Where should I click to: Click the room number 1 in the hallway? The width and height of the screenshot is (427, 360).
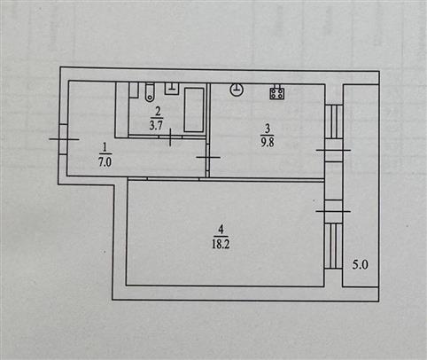[x=104, y=146]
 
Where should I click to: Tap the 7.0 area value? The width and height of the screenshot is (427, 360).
[x=105, y=162]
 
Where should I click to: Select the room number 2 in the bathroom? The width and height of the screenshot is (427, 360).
[x=158, y=112]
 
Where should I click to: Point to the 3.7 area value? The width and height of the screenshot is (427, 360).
[x=156, y=125]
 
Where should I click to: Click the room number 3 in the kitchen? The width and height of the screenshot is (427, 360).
[x=268, y=129]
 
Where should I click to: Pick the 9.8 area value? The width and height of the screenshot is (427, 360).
[x=268, y=142]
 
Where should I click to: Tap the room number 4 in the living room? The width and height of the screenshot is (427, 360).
[x=221, y=229]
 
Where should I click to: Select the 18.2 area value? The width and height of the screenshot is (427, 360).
[x=221, y=244]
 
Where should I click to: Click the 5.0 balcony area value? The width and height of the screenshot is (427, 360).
[x=360, y=264]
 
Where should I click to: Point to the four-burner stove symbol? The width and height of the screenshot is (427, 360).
[x=277, y=92]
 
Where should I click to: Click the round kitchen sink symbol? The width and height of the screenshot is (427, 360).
[x=237, y=90]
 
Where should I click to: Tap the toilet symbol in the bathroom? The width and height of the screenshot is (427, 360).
[x=150, y=92]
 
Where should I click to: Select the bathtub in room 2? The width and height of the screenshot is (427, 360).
[x=194, y=110]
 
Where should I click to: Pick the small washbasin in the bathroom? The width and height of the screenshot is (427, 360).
[x=172, y=89]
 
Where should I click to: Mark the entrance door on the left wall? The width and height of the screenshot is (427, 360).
[x=64, y=139]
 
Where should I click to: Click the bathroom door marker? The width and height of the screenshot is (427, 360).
[x=170, y=137]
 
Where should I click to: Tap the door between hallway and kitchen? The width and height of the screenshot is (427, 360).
[x=208, y=157]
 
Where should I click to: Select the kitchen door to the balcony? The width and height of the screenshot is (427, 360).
[x=334, y=150]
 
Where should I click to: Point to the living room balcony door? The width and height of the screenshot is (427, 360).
[x=334, y=211]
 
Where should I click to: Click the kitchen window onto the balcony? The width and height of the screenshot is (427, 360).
[x=334, y=121]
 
